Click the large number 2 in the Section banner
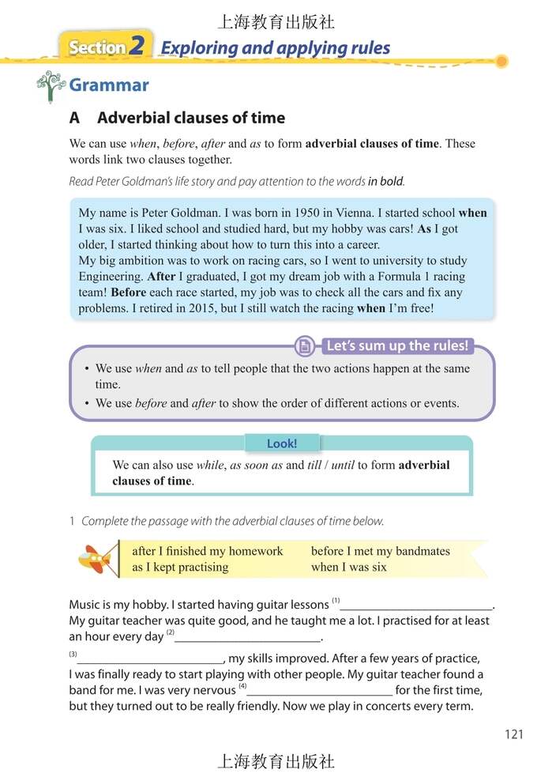(137, 47)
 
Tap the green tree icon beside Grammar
(51, 86)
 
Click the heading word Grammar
(109, 85)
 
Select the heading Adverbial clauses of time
(190, 118)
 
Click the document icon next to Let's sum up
(304, 346)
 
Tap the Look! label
(281, 443)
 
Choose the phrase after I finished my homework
(207, 551)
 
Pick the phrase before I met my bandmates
(380, 551)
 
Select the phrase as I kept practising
(180, 567)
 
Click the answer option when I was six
(348, 567)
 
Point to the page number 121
(513, 734)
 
